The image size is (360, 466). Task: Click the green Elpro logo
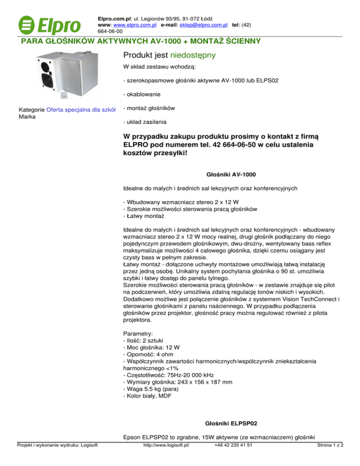(x=49, y=23)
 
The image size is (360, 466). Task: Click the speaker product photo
(x=61, y=75)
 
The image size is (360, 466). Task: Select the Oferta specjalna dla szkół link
(x=81, y=110)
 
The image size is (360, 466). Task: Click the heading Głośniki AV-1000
(x=231, y=174)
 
